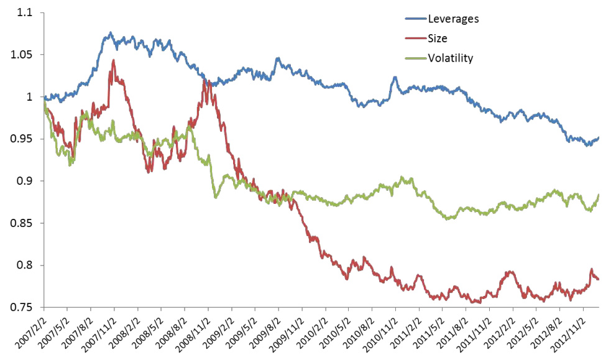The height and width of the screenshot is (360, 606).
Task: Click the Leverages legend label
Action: click(x=453, y=19)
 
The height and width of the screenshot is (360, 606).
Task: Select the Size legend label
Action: click(x=438, y=39)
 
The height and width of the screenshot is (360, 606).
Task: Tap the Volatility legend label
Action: click(x=450, y=58)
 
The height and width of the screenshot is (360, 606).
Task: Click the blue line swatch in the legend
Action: click(x=414, y=19)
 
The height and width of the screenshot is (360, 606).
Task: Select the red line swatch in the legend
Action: click(x=414, y=39)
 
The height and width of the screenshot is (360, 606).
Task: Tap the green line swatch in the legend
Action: click(x=414, y=58)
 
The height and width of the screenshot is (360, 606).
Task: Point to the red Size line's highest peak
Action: click(x=113, y=60)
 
